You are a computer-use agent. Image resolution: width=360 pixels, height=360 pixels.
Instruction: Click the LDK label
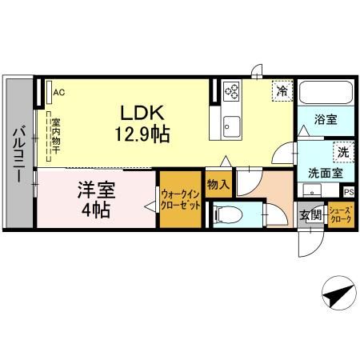tap(144, 114)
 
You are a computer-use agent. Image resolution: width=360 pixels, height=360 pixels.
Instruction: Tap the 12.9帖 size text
tap(144, 134)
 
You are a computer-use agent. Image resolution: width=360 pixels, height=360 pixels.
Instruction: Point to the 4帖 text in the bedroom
tap(94, 211)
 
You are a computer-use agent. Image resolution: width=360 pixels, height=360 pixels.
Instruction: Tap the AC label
tap(58, 92)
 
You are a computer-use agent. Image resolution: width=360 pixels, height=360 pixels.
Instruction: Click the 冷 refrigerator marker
tap(281, 90)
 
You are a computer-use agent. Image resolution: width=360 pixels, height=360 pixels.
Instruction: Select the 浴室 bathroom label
tap(324, 120)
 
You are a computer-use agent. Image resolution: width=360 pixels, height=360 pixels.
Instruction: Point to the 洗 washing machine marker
tap(342, 151)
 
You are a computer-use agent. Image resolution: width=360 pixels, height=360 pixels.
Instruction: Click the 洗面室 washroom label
tap(325, 172)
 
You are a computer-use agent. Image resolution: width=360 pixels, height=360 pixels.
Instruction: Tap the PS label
tap(348, 192)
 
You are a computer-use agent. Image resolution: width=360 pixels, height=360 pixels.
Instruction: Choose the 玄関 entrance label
tap(310, 214)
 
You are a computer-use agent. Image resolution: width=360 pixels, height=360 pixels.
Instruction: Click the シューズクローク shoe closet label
tap(339, 214)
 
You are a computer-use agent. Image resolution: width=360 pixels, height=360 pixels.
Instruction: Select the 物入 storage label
tap(218, 185)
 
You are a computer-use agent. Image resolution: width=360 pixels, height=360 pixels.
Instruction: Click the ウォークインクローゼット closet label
tap(180, 198)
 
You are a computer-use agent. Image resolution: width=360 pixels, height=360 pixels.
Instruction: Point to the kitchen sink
tap(231, 125)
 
